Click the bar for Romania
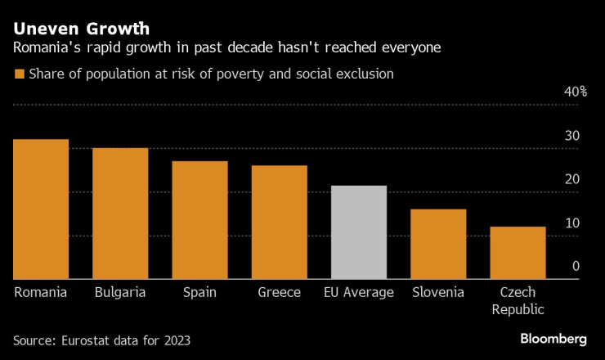pos(41,209)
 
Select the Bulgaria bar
pos(120,214)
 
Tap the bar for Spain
pos(199,220)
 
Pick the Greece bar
pos(279,223)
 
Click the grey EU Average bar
pos(359,232)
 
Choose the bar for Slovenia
pos(438,245)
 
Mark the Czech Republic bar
pos(518,253)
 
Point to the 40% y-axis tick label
pos(576,92)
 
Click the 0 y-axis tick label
pos(576,267)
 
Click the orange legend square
pos(19,74)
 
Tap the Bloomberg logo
pos(553,339)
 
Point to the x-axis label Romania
pos(41,292)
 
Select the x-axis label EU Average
pos(359,292)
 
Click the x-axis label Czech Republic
pos(518,300)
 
